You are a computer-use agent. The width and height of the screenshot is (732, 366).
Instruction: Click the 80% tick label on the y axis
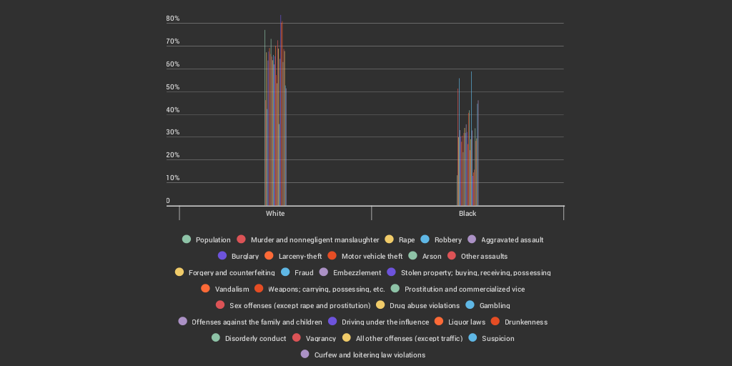173,19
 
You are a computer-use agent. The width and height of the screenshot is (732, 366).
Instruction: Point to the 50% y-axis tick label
173,87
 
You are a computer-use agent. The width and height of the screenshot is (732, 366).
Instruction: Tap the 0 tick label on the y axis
169,201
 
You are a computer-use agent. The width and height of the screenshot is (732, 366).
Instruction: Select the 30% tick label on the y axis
173,133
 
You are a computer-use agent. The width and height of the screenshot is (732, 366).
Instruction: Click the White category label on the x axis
275,214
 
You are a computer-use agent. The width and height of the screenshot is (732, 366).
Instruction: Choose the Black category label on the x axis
468,214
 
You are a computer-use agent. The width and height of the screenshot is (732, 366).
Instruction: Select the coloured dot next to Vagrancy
295,337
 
